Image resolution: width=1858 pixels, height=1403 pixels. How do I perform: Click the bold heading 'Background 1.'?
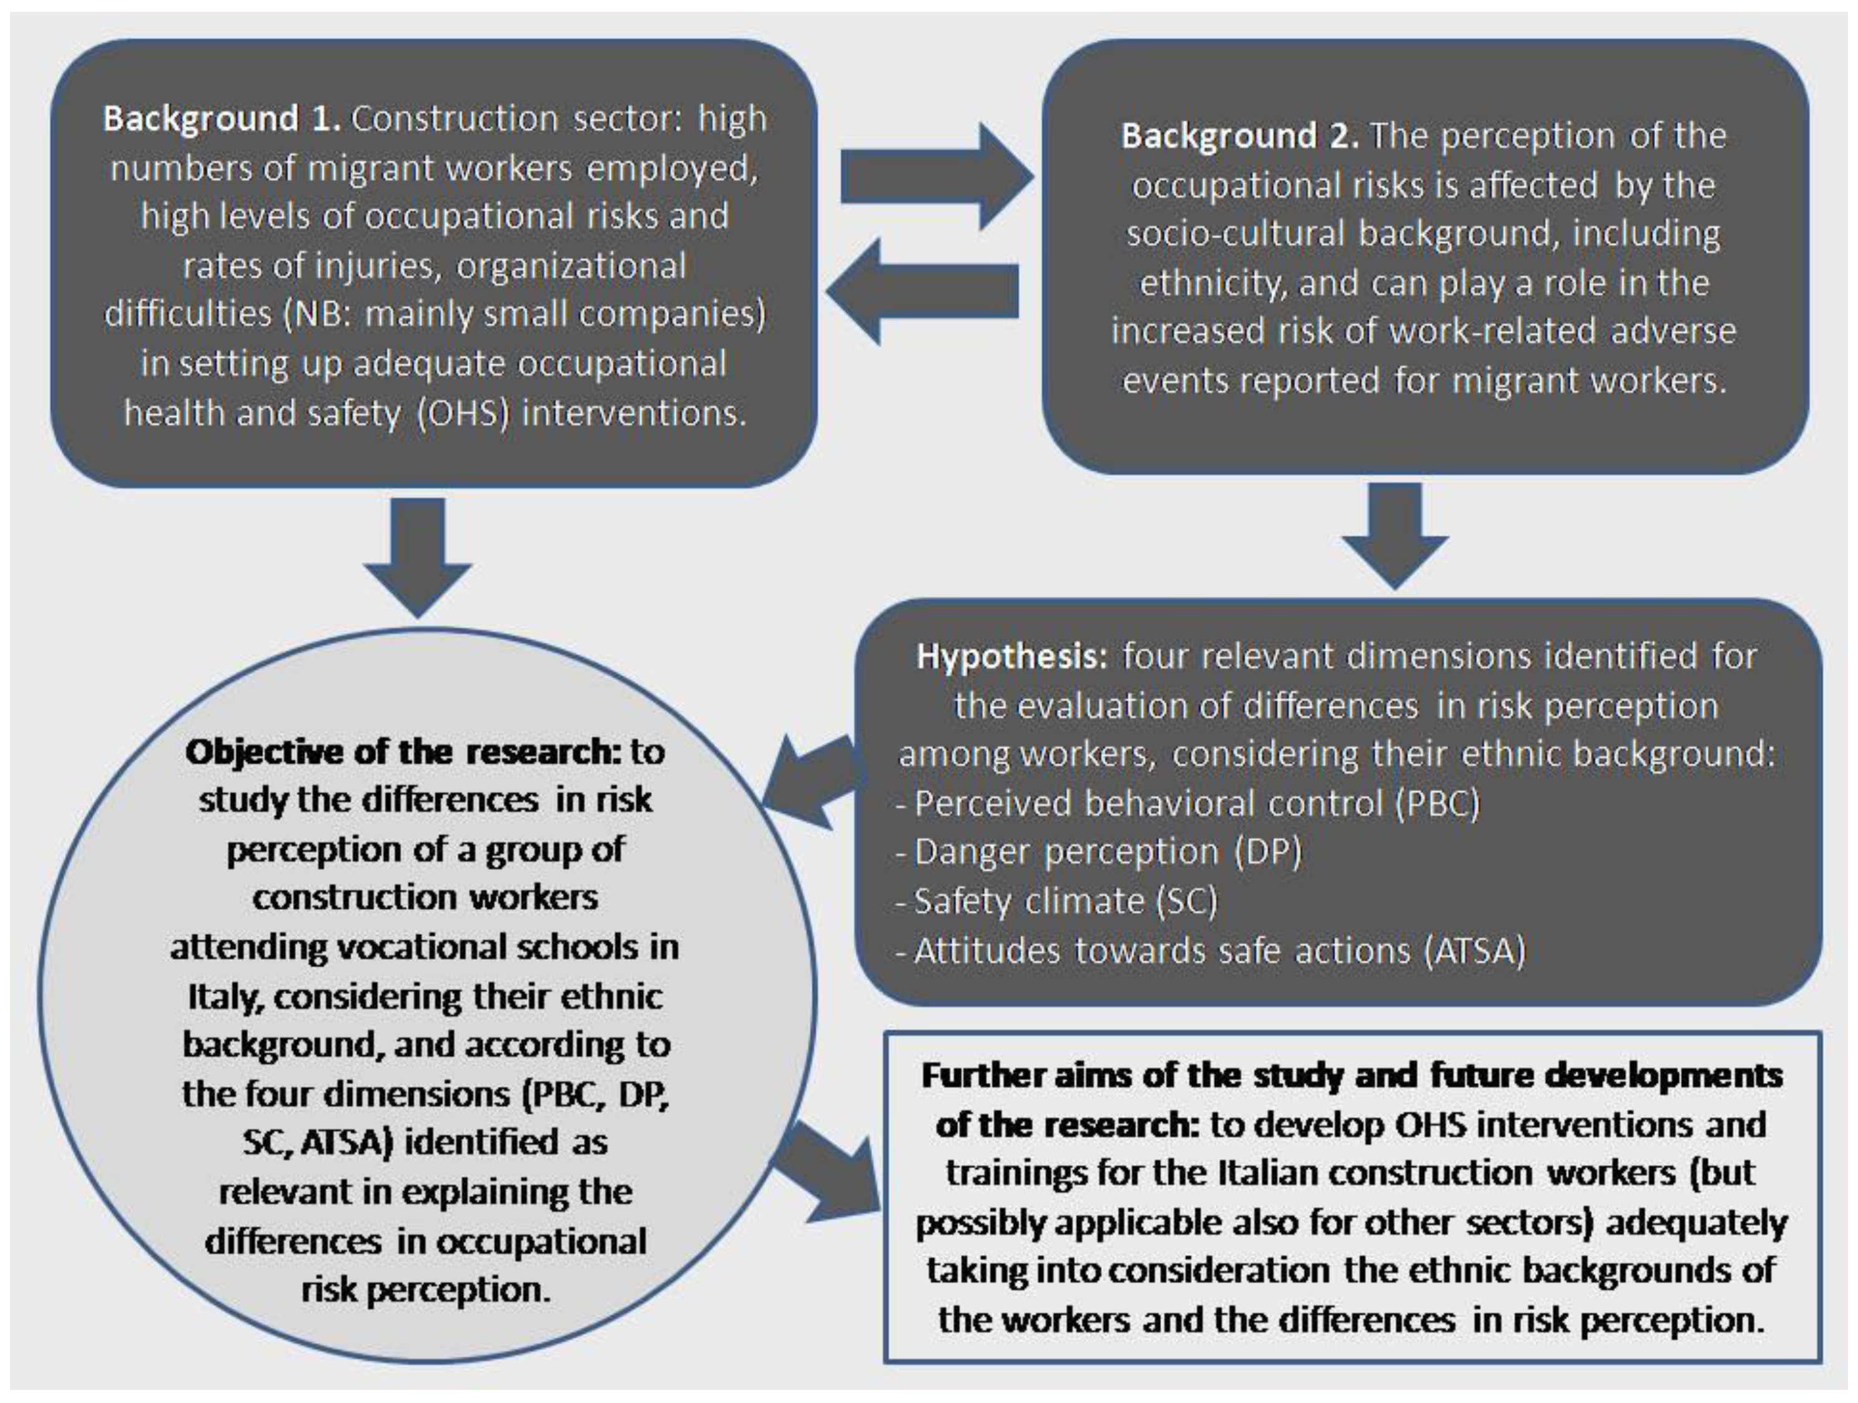221,119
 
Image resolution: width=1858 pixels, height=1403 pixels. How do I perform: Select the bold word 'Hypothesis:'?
1012,657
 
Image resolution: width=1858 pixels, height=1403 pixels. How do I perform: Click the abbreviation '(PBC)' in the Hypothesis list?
1437,803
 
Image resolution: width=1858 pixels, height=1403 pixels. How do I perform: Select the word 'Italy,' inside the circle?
226,997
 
